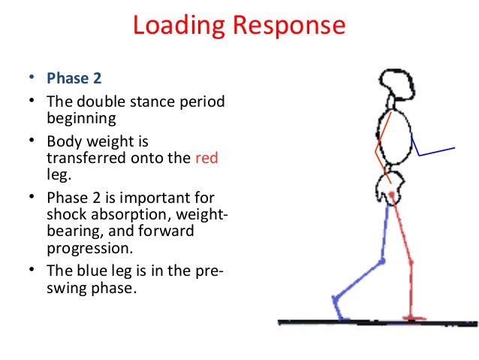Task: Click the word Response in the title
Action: [x=287, y=27]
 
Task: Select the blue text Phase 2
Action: [x=72, y=78]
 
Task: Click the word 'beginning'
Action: [x=80, y=118]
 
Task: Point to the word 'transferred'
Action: [x=82, y=158]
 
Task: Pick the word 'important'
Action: [x=162, y=198]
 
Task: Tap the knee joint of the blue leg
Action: [x=381, y=262]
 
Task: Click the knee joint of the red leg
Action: [x=409, y=260]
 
